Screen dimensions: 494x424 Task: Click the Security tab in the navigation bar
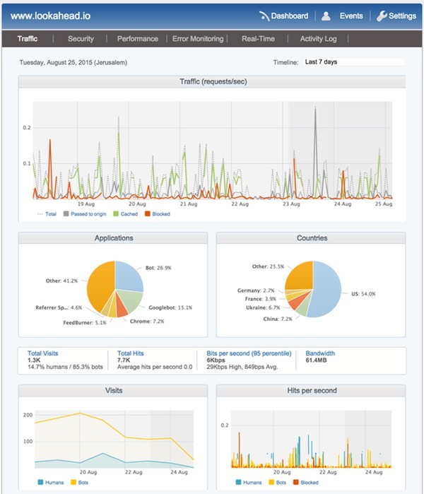click(x=81, y=39)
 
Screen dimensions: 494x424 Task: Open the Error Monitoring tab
click(x=198, y=39)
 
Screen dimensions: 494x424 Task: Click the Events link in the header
click(x=351, y=16)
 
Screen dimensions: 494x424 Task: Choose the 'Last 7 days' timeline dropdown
click(x=353, y=62)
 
